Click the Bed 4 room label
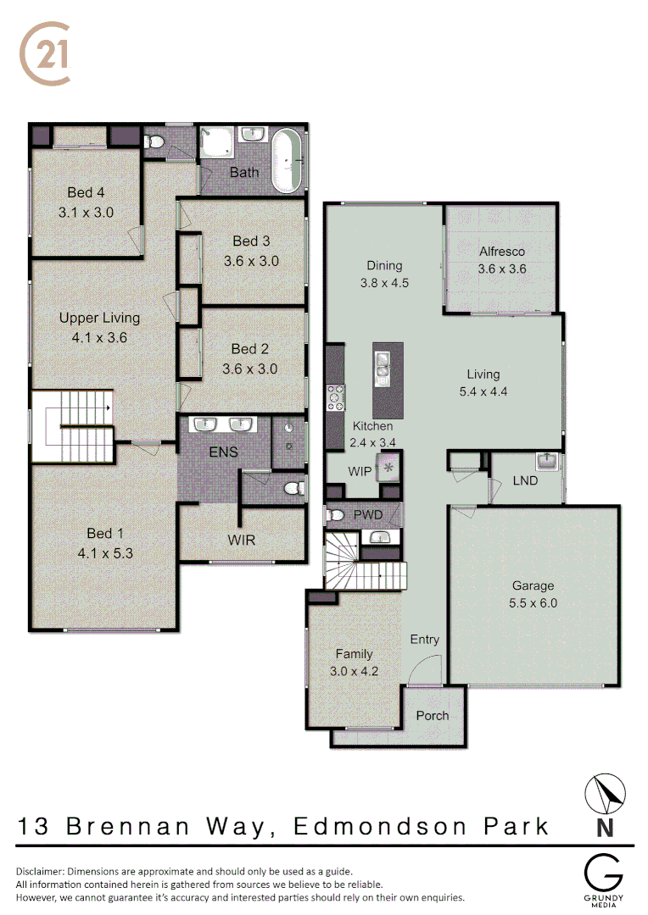[x=86, y=193]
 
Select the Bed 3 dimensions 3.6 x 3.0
[x=251, y=261]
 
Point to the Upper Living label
[x=99, y=318]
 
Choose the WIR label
[x=241, y=540]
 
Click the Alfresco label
[x=502, y=252]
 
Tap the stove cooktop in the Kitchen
[x=336, y=395]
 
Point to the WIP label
[x=360, y=471]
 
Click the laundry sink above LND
[x=546, y=462]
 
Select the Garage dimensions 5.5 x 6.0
[x=533, y=604]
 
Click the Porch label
[x=433, y=716]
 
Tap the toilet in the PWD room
[x=337, y=514]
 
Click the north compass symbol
[x=606, y=794]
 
